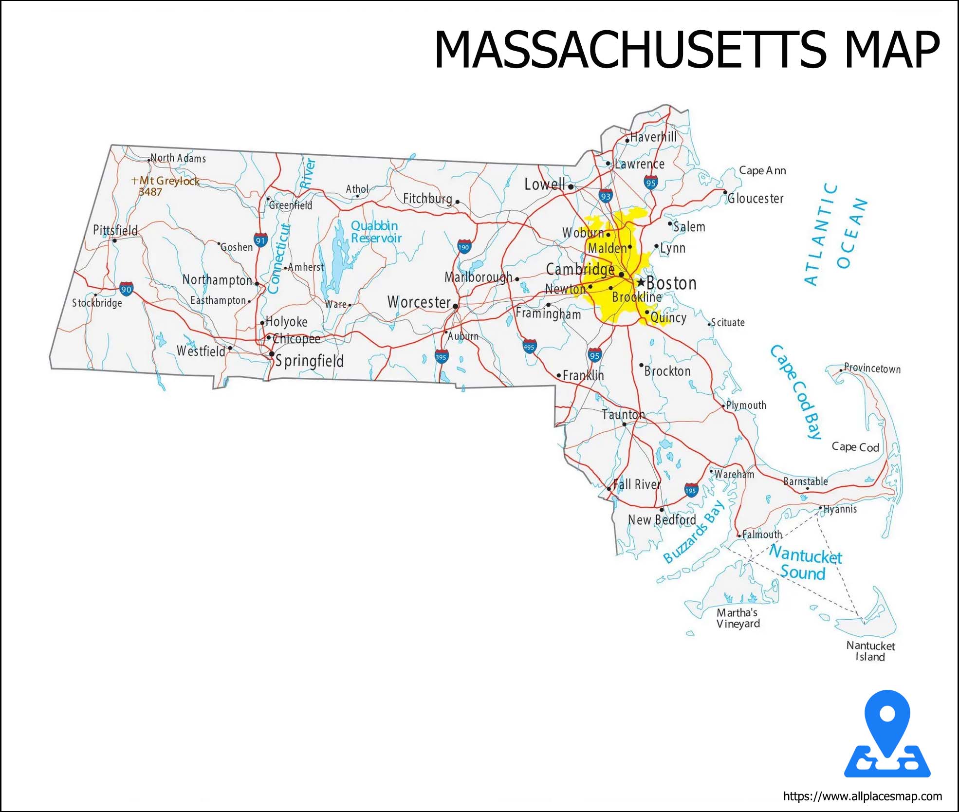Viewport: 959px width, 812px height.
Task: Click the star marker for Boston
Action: coord(641,282)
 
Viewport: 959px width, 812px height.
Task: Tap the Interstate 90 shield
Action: coord(126,289)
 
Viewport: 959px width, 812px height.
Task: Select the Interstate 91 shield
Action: coord(261,240)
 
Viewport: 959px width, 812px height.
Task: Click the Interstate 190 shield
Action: coord(464,247)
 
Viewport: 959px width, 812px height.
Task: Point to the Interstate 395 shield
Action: coord(441,356)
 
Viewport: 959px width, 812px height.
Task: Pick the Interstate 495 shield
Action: coord(529,347)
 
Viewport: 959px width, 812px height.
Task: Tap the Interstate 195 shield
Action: coord(691,490)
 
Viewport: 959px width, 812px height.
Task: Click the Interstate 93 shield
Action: coord(606,196)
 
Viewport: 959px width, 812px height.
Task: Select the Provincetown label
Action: coord(872,369)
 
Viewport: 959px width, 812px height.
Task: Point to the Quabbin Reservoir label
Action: coord(376,232)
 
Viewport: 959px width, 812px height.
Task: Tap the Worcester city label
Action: coord(419,302)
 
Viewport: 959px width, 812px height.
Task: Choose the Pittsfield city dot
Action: coord(115,240)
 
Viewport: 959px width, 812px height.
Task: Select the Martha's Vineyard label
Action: coord(738,618)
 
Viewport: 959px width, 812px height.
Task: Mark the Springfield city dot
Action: coord(272,354)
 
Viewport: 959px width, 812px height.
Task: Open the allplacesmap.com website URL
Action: coord(862,796)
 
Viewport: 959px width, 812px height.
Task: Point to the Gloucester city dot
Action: coord(725,192)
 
